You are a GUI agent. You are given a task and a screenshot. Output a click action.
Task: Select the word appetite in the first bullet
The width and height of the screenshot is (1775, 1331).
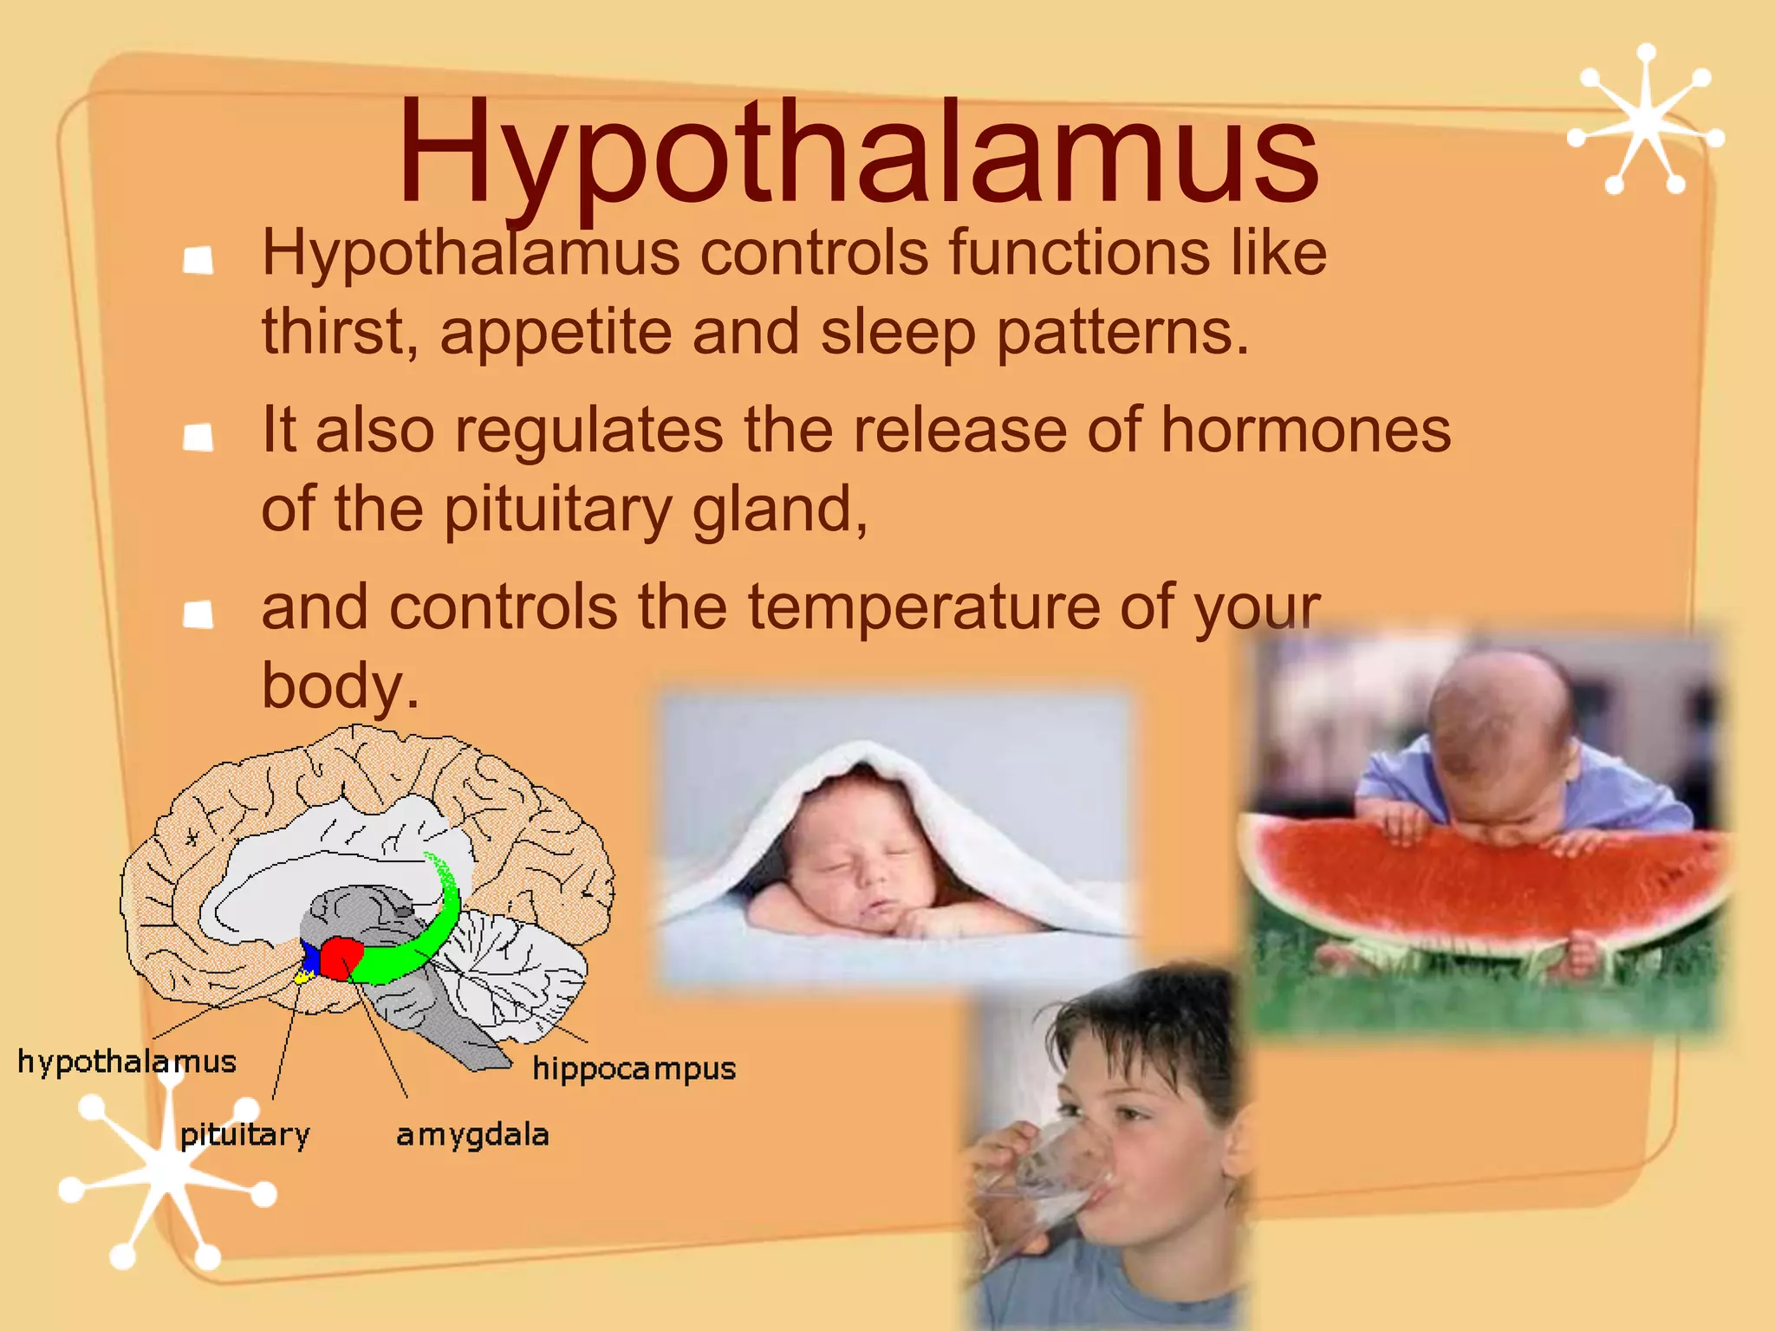click(x=555, y=334)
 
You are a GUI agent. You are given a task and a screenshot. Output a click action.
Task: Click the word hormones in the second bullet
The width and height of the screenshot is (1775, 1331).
click(x=1305, y=430)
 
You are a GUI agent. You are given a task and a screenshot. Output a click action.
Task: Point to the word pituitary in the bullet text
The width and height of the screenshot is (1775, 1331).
click(x=558, y=510)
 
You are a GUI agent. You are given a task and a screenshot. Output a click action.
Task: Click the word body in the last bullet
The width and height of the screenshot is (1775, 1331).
click(x=333, y=685)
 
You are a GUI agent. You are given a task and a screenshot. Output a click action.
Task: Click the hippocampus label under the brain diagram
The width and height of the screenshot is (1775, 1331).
click(x=634, y=1069)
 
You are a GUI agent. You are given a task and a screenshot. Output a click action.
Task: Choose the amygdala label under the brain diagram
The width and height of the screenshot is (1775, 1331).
click(x=472, y=1135)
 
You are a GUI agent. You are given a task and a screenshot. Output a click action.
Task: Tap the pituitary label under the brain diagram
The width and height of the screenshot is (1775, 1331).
click(x=244, y=1135)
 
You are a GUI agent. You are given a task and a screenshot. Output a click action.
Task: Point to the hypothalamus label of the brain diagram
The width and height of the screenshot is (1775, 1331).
click(x=127, y=1062)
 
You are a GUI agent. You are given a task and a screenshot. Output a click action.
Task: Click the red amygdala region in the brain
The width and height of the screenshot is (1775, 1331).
click(x=341, y=958)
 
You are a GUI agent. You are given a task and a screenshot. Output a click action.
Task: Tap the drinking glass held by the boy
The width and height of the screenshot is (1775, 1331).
click(x=1053, y=1170)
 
